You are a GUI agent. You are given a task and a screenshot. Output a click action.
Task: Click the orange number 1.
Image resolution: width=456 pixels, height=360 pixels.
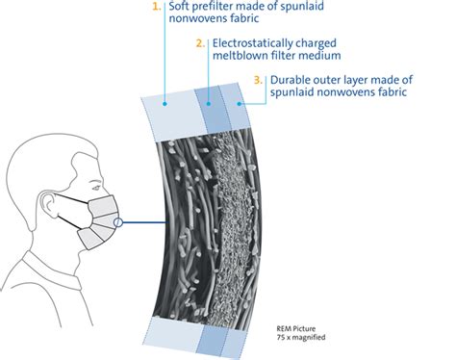point(157,7)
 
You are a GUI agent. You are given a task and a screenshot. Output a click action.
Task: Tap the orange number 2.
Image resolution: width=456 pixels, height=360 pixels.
point(199,43)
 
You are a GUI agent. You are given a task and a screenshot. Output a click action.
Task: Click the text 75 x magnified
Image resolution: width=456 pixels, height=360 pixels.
point(303,338)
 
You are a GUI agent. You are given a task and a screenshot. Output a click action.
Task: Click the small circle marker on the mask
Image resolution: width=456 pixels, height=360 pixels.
point(117,224)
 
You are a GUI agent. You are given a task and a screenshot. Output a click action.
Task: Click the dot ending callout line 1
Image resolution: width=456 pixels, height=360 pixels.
point(165,100)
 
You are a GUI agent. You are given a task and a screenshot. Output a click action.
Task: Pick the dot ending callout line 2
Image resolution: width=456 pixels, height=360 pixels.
point(207,100)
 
